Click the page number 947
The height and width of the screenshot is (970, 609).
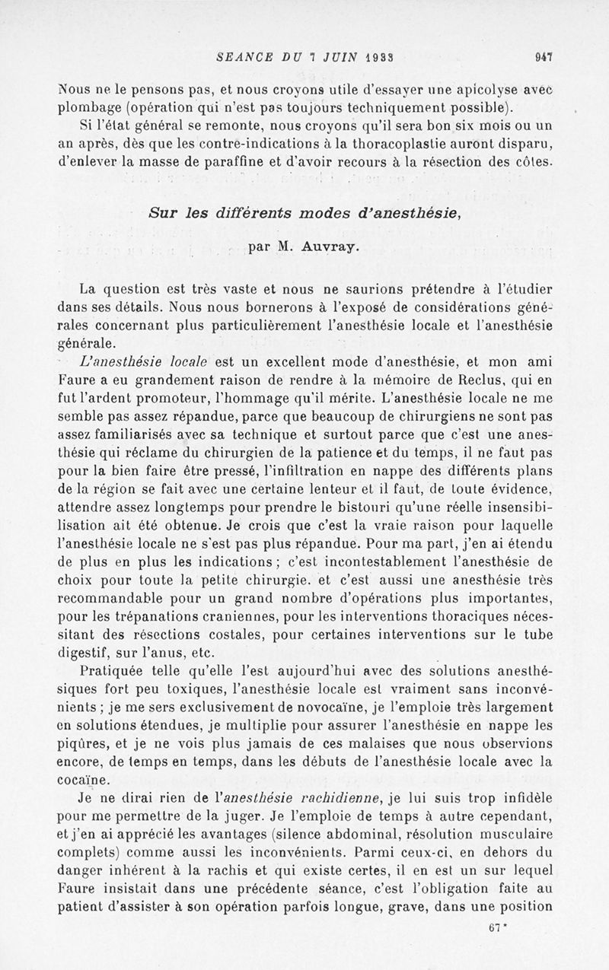click(543, 56)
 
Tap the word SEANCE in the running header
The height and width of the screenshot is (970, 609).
click(242, 56)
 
